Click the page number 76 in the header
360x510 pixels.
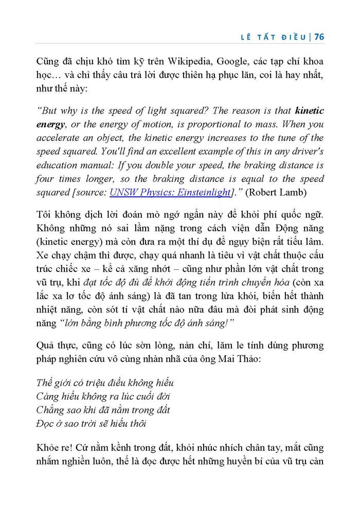pos(318,37)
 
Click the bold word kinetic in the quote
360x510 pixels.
pos(309,111)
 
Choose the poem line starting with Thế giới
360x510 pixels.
pos(105,383)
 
